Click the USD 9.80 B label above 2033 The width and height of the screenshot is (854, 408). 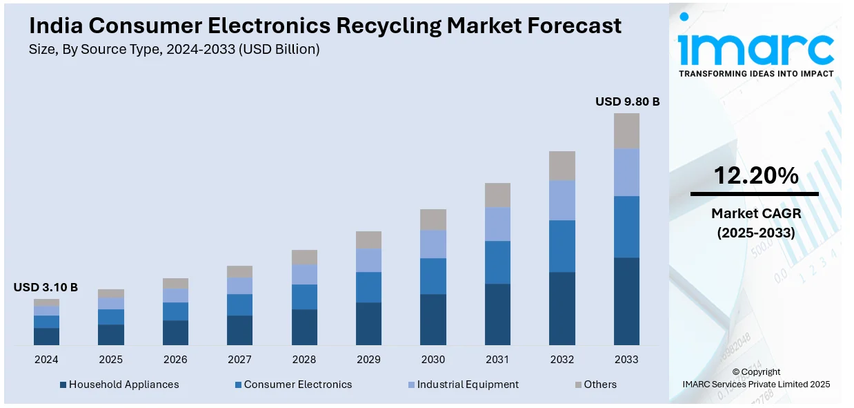tap(627, 101)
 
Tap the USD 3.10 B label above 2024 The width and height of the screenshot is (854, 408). tap(46, 287)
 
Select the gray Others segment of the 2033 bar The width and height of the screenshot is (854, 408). tap(626, 130)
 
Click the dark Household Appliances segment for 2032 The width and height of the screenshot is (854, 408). tap(562, 308)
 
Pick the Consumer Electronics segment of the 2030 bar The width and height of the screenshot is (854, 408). tap(433, 276)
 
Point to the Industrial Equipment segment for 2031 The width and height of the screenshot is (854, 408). tap(497, 224)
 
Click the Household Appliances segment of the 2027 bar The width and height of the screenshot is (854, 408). tap(239, 330)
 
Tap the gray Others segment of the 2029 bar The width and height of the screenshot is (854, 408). tap(368, 240)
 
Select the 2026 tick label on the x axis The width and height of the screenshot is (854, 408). tap(175, 360)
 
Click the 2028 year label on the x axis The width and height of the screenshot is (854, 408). tap(304, 360)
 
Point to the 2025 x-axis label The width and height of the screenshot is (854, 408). tap(110, 360)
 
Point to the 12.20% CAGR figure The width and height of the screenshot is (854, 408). tap(756, 176)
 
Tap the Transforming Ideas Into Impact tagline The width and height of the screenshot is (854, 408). tap(756, 73)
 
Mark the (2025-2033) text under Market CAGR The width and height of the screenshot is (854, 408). tap(756, 233)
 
